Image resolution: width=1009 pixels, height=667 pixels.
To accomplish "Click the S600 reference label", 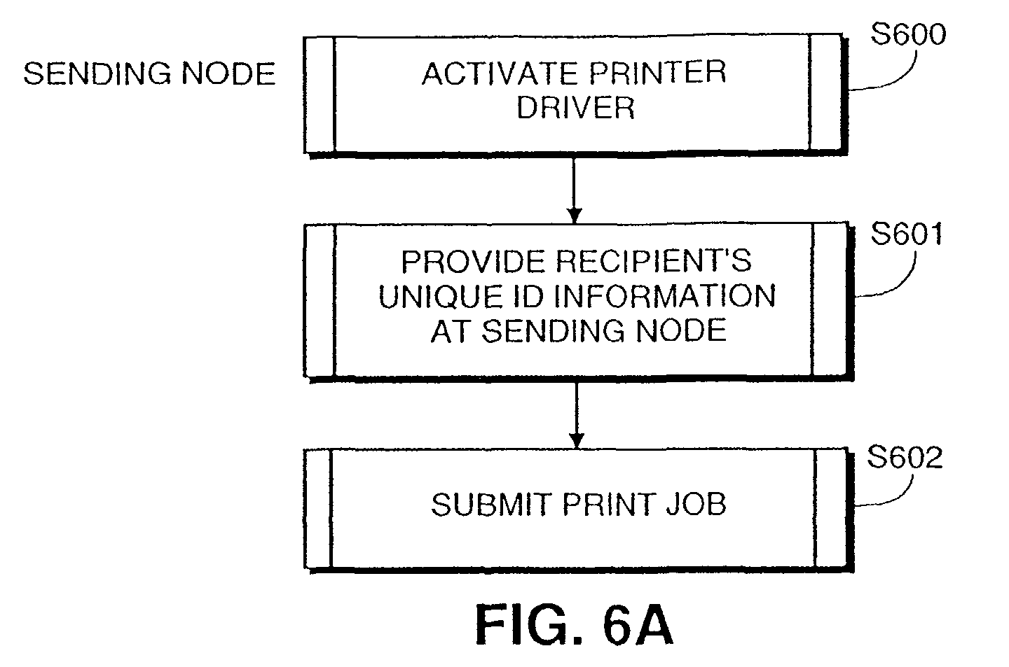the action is pos(907,34).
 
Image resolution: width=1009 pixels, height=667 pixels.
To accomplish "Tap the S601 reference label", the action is pos(906,234).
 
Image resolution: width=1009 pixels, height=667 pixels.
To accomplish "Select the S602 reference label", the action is pos(905,457).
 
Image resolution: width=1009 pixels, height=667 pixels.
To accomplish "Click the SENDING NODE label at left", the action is pos(149,73).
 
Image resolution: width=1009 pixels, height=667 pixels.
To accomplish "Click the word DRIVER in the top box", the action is pos(575,108).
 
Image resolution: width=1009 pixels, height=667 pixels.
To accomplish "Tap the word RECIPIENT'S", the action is pos(653,261).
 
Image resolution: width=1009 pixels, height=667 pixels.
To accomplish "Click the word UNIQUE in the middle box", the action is pos(440,296).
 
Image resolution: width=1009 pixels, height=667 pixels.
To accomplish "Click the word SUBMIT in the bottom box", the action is pos(492,504).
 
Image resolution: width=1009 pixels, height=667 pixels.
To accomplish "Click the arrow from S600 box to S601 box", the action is pos(574,190).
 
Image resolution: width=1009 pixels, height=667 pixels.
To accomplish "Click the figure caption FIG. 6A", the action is pos(575,626).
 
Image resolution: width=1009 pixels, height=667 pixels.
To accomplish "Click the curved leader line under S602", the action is pos(894,498).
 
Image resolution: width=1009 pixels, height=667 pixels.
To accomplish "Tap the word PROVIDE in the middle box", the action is pos(474,262).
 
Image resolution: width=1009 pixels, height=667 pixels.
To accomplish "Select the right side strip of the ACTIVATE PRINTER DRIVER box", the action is pos(825,92).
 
